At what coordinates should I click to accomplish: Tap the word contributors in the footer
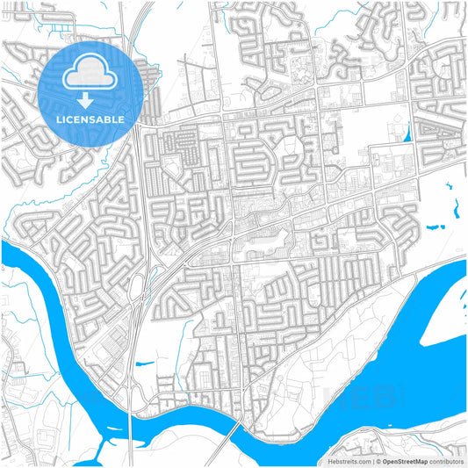(446, 460)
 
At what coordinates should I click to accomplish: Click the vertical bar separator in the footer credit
(373, 460)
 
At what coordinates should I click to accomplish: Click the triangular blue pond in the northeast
(406, 133)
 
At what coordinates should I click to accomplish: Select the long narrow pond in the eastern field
(457, 208)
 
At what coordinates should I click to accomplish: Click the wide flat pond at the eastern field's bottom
(436, 227)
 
